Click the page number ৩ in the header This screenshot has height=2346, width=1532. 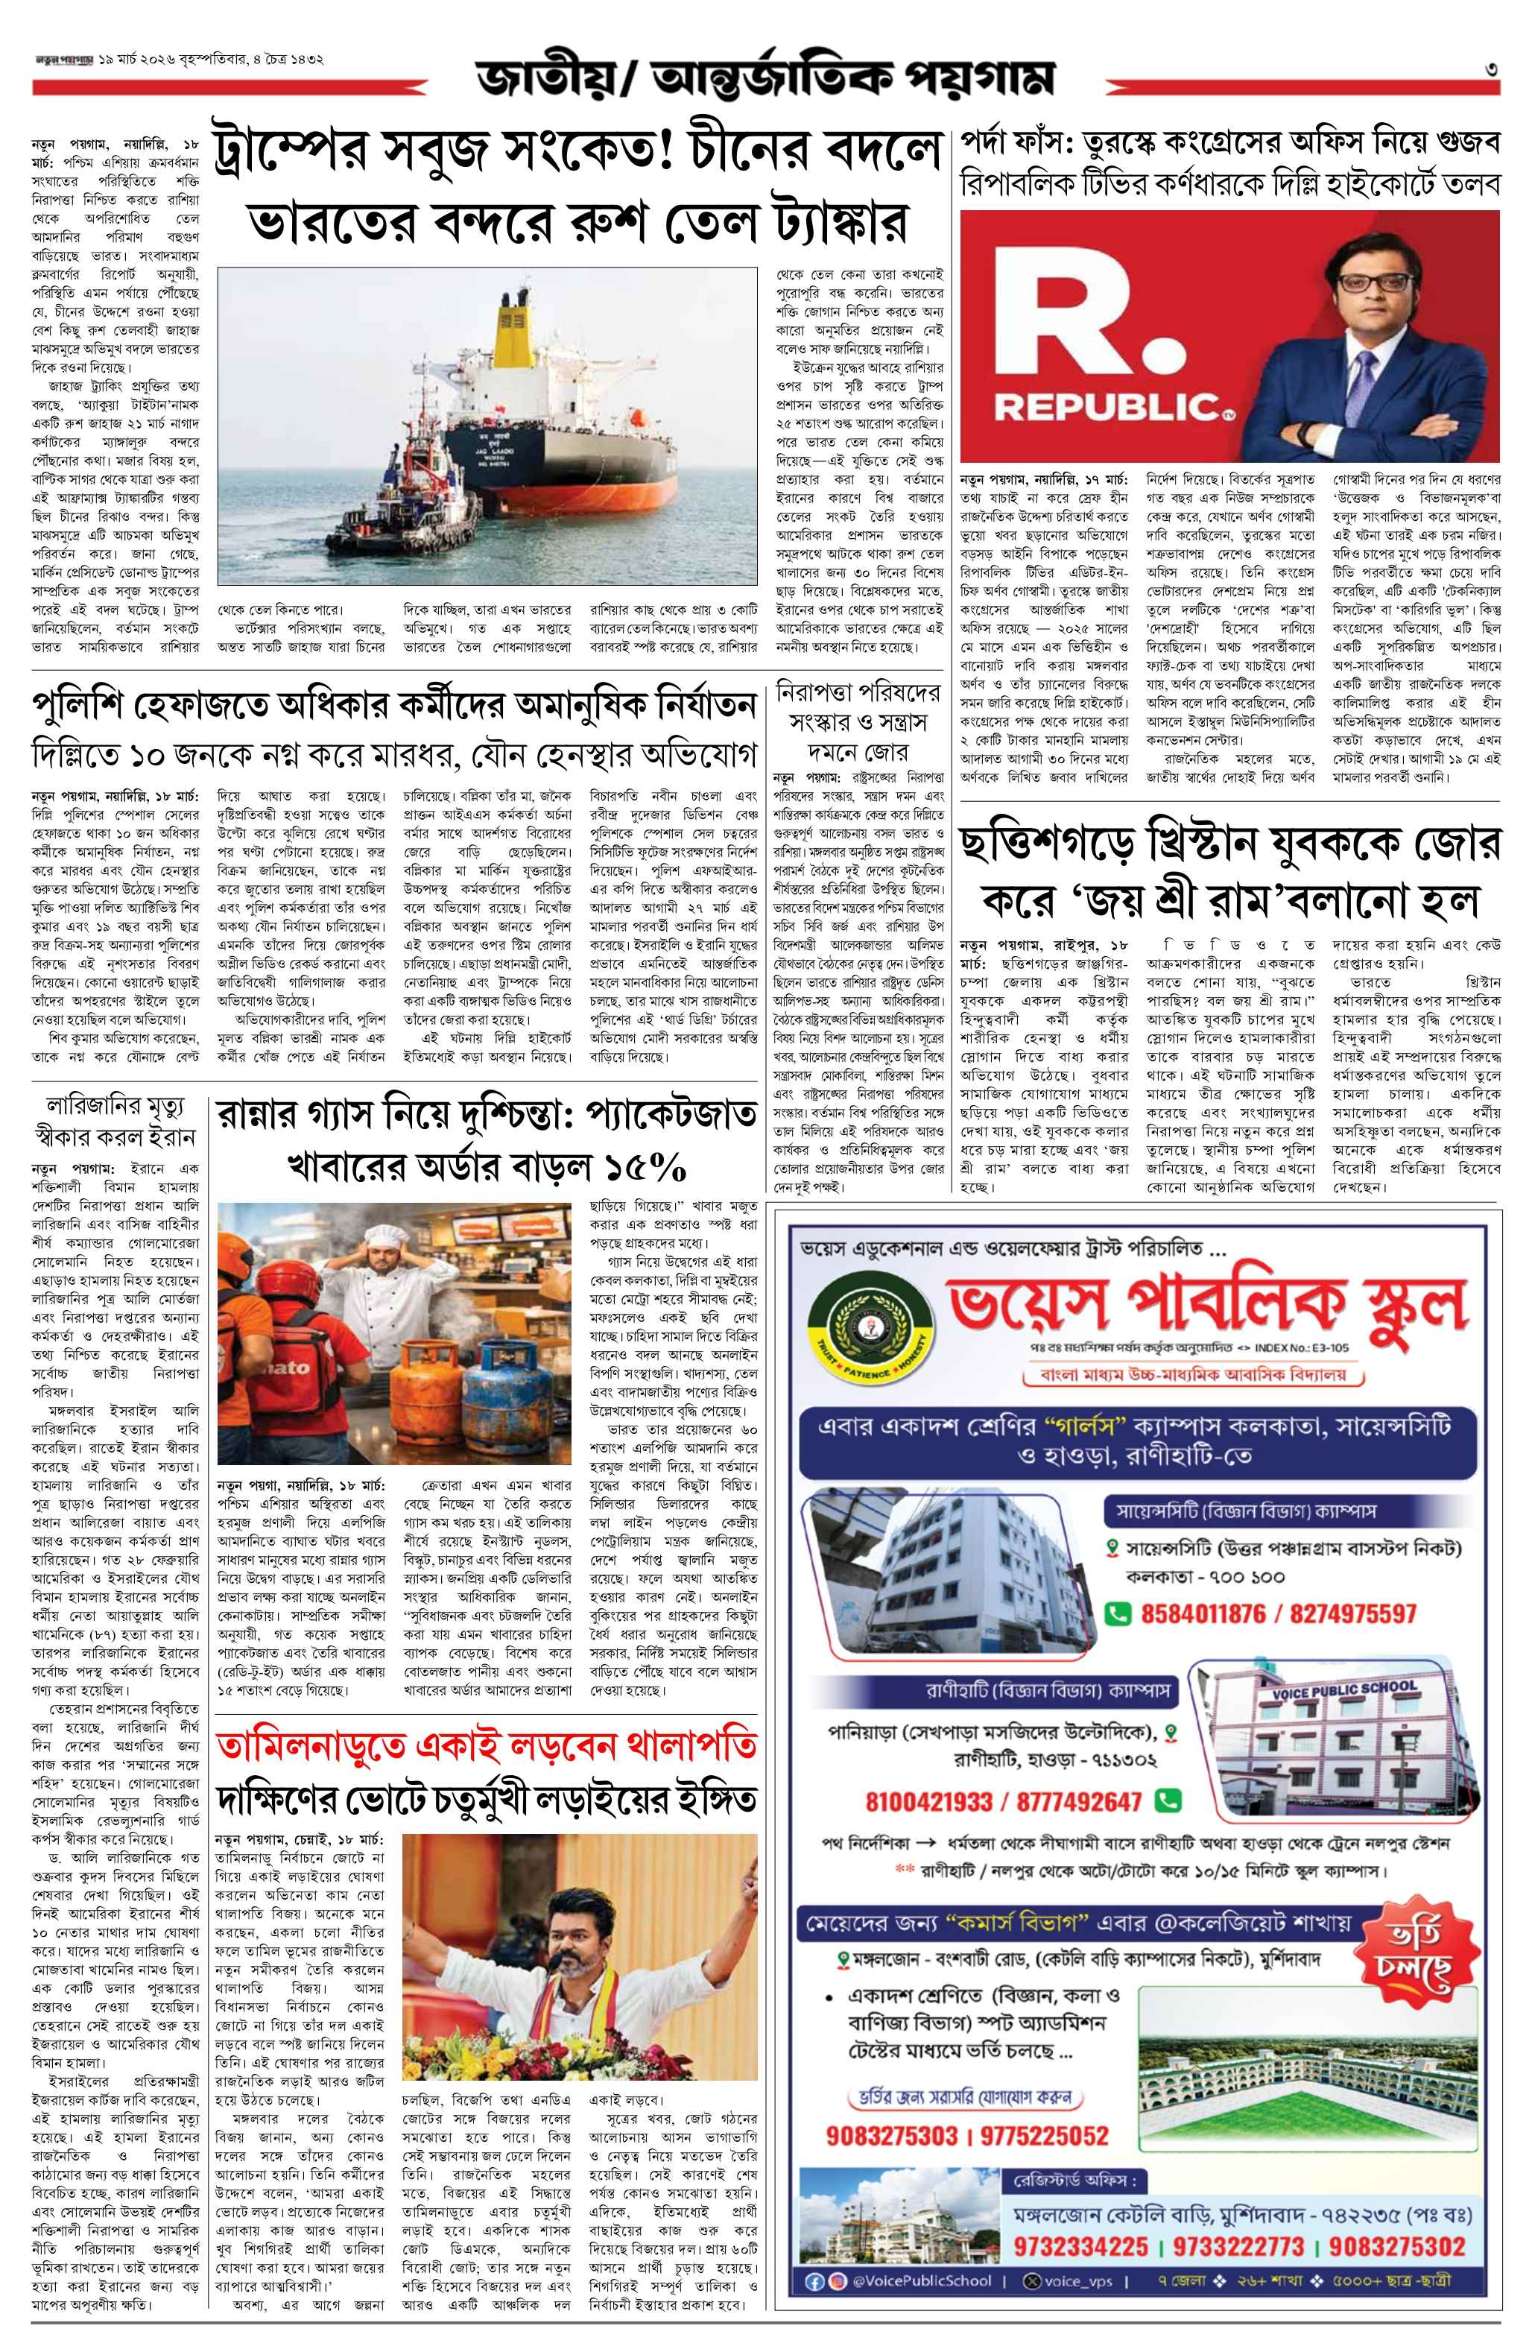pos(1493,70)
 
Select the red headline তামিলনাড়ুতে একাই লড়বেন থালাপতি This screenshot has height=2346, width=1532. pos(486,1745)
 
